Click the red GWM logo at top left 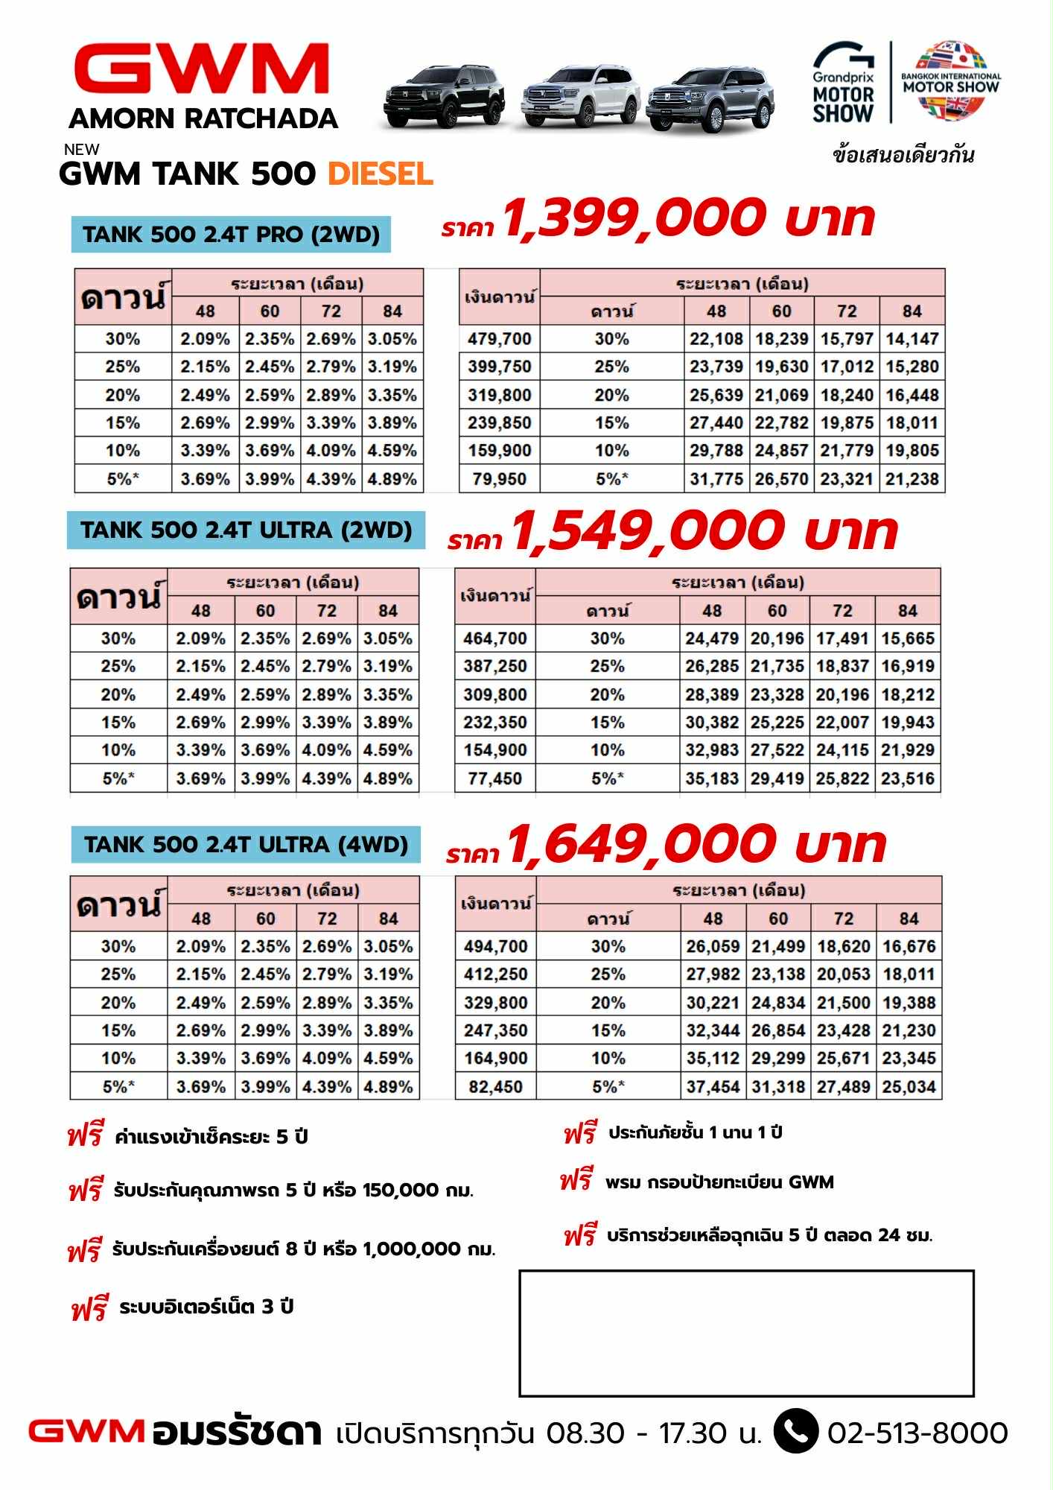pos(202,69)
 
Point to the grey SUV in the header pos(709,99)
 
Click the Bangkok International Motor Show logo pos(951,80)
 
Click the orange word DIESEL pos(381,174)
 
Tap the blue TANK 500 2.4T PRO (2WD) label pos(231,235)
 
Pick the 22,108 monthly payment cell pos(716,339)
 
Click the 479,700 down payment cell pos(499,339)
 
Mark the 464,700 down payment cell pos(494,638)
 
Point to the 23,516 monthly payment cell pos(907,779)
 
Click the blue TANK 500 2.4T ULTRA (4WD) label pos(246,845)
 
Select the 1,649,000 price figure pos(640,846)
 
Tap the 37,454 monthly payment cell pos(713,1087)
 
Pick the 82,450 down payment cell pos(495,1087)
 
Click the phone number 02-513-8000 pos(917,1433)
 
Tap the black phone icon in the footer pos(796,1431)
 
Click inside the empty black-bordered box pos(746,1334)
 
